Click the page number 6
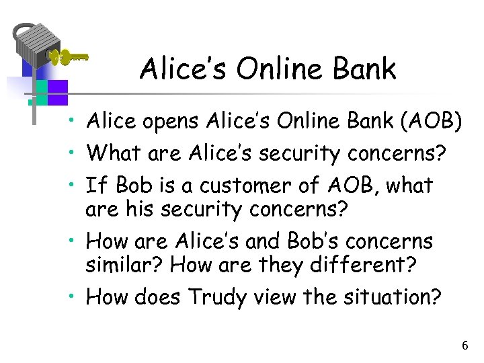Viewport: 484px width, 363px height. [465, 346]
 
